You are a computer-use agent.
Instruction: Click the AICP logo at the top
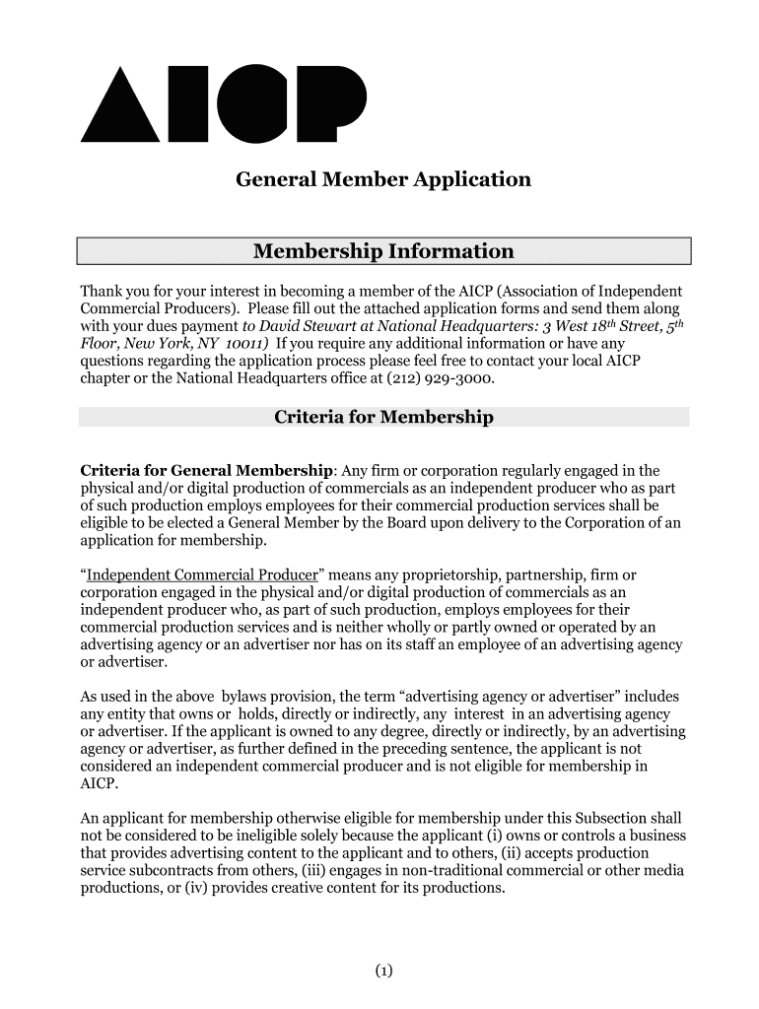pos(222,102)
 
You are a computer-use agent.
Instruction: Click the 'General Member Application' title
pos(382,180)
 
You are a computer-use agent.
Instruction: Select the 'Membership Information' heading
pos(383,251)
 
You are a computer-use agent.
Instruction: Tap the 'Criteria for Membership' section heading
pos(383,417)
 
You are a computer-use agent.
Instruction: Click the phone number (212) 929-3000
pos(442,378)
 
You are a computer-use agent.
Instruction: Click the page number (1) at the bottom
pos(383,972)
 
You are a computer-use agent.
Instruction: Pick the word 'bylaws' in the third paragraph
pos(248,696)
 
